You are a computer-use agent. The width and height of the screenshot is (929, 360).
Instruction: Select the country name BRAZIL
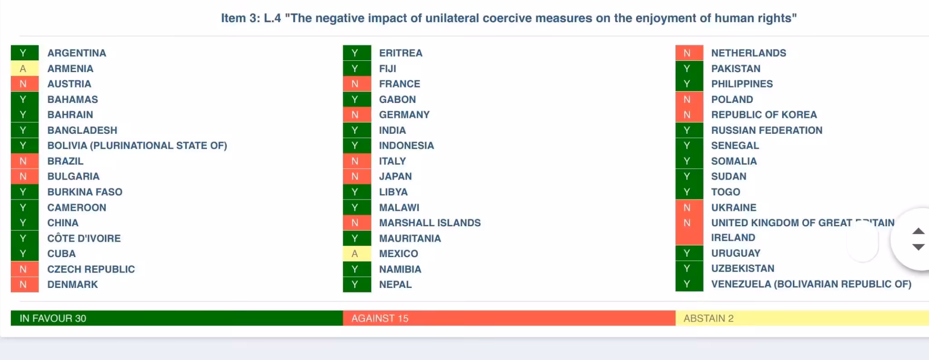coord(65,161)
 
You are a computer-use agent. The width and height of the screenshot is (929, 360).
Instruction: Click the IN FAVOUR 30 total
coord(53,318)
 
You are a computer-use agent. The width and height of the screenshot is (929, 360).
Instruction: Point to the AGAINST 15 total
coord(380,318)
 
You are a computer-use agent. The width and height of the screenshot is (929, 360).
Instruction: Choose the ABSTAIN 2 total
coord(708,318)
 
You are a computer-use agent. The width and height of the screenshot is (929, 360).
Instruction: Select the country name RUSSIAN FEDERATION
coord(767,130)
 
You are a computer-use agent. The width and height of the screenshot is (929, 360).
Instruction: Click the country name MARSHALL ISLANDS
coord(430,223)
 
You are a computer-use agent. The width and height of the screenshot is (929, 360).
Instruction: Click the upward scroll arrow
coord(918,231)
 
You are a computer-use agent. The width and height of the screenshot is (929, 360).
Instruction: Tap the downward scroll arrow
coord(918,247)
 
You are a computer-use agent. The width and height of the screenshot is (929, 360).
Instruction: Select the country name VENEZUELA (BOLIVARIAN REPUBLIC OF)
coord(811,284)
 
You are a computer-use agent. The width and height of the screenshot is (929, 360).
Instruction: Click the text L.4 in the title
coord(272,18)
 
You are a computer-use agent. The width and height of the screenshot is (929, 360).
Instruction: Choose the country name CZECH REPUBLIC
coord(91,269)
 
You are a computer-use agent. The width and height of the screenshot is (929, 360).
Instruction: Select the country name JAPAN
coord(395,176)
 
